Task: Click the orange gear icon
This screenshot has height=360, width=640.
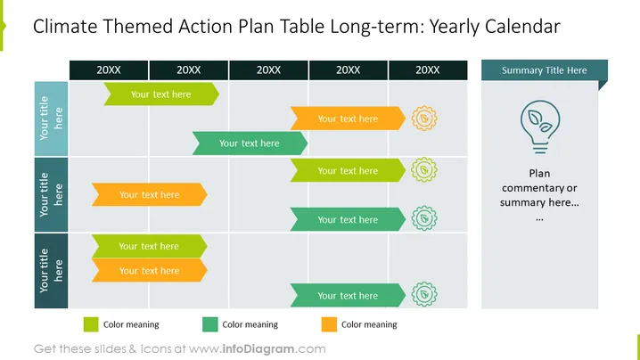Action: click(424, 119)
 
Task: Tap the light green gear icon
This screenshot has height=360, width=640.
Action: click(424, 170)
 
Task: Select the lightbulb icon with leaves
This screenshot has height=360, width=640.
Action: click(540, 127)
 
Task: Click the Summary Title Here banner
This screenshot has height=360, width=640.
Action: click(544, 70)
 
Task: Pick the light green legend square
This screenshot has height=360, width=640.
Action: click(91, 324)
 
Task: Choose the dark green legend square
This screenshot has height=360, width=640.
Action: click(209, 324)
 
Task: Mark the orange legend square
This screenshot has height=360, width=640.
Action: click(329, 324)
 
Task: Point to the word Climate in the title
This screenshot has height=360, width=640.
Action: click(64, 27)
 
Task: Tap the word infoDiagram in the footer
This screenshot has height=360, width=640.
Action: click(258, 349)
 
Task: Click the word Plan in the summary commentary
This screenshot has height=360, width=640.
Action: click(539, 174)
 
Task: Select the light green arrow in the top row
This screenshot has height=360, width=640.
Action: click(161, 94)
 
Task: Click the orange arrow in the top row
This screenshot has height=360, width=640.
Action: click(348, 119)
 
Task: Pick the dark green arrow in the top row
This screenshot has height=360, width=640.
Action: click(250, 143)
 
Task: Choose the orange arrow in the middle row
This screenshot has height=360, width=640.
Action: click(150, 194)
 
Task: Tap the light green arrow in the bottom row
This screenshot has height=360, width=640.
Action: click(150, 246)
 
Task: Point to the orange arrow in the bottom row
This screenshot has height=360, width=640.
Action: click(150, 271)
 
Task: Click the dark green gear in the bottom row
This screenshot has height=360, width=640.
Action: click(424, 294)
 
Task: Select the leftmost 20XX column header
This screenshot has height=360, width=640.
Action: click(109, 70)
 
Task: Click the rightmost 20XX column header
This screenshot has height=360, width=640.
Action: click(428, 70)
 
